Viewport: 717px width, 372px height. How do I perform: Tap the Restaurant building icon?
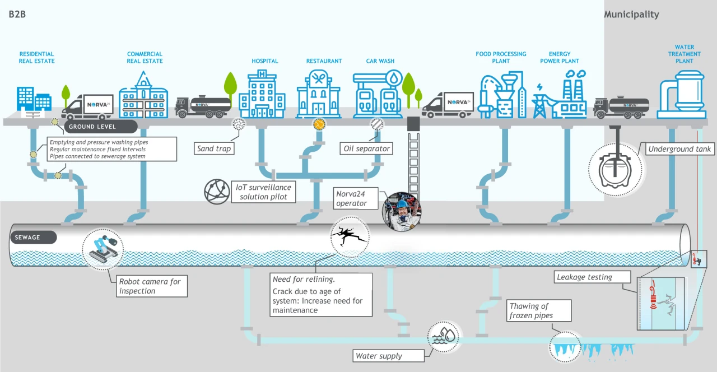click(x=318, y=94)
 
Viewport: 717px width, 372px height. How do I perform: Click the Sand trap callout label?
click(x=213, y=148)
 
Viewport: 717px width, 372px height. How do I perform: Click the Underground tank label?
click(x=679, y=149)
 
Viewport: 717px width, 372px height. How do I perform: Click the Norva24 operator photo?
click(x=401, y=212)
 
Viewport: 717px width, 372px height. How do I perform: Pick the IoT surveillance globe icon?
click(x=217, y=191)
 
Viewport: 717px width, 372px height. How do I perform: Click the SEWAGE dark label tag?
click(x=33, y=237)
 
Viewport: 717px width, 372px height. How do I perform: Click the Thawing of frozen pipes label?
click(x=538, y=310)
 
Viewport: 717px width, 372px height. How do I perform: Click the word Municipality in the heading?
click(x=631, y=15)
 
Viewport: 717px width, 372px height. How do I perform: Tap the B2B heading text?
click(x=17, y=15)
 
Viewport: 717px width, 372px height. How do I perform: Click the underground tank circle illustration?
click(x=616, y=169)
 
